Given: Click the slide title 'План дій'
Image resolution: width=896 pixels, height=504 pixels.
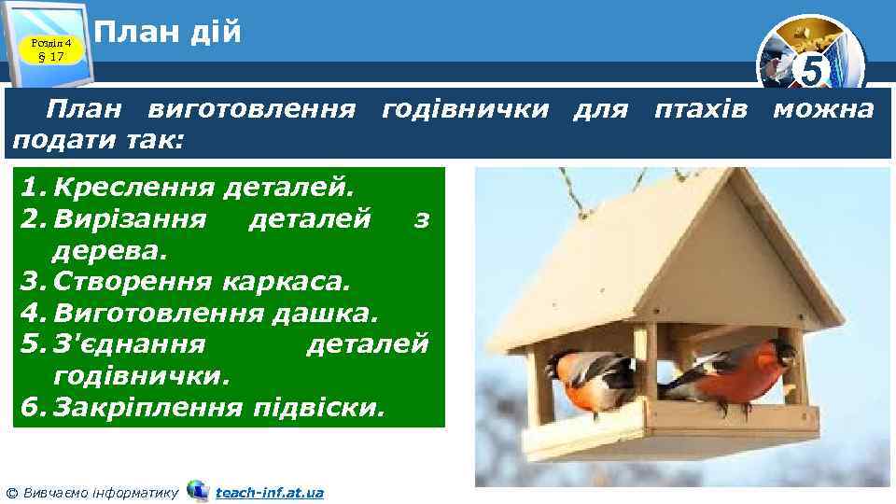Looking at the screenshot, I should point(168,34).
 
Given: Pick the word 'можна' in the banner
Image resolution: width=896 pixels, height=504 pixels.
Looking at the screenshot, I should point(823,110).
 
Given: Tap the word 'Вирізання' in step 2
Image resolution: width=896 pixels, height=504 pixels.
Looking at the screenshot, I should point(131,218).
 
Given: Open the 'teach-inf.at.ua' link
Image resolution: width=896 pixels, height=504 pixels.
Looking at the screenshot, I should point(269,492).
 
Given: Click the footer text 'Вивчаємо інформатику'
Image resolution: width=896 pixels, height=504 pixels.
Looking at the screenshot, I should point(97,492).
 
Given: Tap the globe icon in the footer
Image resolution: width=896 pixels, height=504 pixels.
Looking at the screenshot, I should point(198,490).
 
